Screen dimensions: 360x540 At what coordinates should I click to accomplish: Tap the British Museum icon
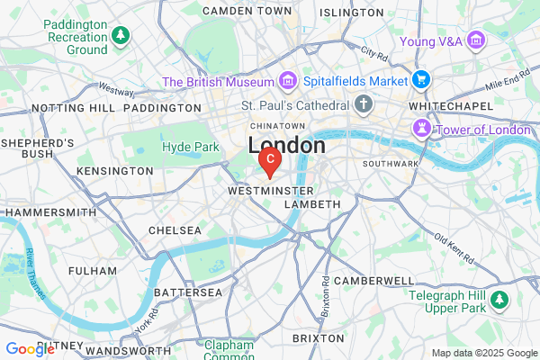(289, 82)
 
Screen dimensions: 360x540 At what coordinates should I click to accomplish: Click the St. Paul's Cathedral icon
(364, 105)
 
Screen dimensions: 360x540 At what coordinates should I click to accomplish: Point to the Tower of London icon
(421, 130)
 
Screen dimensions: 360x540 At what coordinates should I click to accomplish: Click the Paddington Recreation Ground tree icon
(121, 36)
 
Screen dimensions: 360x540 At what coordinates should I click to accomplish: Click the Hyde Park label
(190, 147)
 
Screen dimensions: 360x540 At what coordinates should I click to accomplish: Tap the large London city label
(286, 145)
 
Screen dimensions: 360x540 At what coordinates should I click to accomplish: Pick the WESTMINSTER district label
(272, 192)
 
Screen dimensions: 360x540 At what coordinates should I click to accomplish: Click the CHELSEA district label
(175, 230)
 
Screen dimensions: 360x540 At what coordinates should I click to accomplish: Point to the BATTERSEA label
(188, 292)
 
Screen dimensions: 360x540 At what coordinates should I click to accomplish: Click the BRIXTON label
(319, 337)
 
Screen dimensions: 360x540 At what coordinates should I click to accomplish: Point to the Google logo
(30, 349)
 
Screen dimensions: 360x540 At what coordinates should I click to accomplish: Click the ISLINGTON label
(350, 13)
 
